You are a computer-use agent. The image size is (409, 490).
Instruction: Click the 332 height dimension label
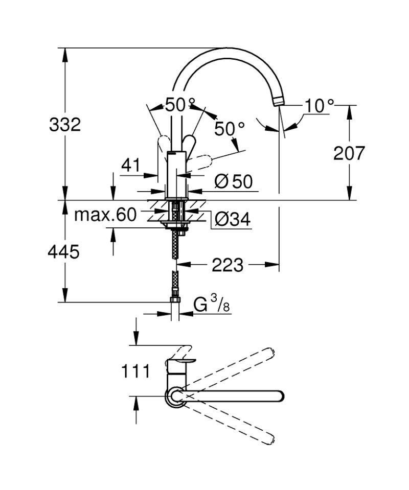(x=65, y=124)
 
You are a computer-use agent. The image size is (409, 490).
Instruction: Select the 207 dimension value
(x=349, y=153)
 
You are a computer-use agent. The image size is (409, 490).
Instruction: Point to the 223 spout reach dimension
(x=228, y=265)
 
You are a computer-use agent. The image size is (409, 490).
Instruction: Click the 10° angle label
(x=319, y=106)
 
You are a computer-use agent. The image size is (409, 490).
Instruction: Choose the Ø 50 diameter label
(x=234, y=181)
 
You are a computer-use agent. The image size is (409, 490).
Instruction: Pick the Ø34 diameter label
(x=232, y=219)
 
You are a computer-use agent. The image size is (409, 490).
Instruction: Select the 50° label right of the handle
(x=229, y=129)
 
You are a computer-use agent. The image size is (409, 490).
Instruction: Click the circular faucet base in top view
(x=176, y=396)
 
